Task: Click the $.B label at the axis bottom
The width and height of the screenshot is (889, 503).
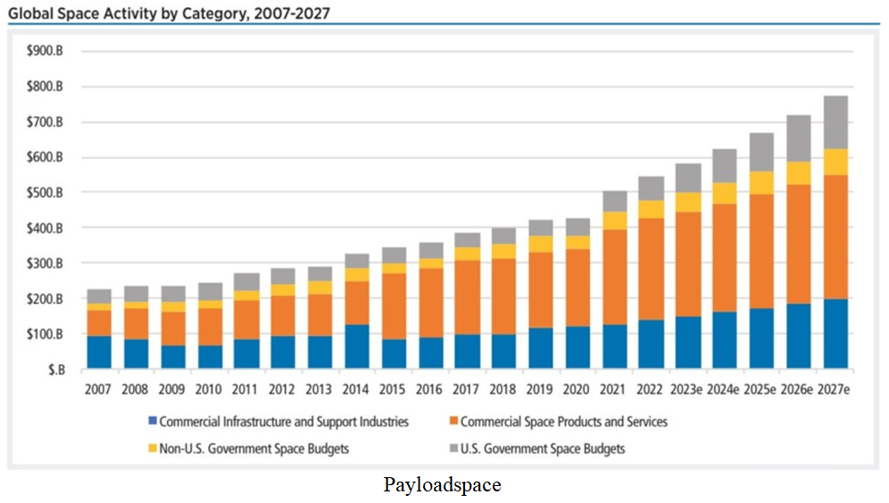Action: [53, 368]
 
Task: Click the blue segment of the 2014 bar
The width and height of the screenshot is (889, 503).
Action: [357, 347]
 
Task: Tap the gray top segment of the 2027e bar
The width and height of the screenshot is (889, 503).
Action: [835, 122]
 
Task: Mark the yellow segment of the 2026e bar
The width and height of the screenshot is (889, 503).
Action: [799, 174]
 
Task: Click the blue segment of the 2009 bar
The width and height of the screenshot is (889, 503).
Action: [173, 357]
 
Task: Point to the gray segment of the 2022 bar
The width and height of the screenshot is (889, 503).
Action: [652, 188]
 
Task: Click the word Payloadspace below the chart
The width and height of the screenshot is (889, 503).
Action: [443, 486]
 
